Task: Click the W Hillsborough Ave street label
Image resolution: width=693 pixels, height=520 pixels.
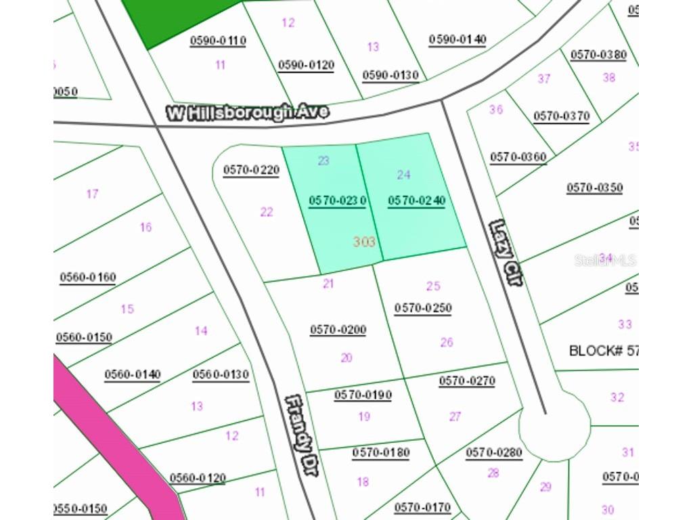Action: click(248, 112)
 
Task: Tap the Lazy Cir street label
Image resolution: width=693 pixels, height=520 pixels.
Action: click(505, 253)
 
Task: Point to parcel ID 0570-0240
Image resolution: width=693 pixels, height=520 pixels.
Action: click(416, 200)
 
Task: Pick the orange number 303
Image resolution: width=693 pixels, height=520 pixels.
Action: click(364, 242)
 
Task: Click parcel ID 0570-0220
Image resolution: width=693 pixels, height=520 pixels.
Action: click(251, 170)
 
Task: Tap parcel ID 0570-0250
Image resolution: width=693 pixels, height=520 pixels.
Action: click(423, 308)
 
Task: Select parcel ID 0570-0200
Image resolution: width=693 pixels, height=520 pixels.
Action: click(338, 330)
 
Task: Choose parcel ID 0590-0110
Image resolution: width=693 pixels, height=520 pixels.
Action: click(218, 41)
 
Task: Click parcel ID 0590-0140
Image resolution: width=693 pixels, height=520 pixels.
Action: click(457, 39)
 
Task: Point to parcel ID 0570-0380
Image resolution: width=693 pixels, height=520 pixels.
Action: click(598, 55)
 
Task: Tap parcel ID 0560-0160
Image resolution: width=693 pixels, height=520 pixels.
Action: click(88, 277)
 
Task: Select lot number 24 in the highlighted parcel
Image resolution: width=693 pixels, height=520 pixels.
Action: click(403, 175)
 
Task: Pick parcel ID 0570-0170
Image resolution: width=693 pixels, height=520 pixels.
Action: click(422, 506)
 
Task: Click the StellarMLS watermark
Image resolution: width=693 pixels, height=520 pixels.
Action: click(606, 260)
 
